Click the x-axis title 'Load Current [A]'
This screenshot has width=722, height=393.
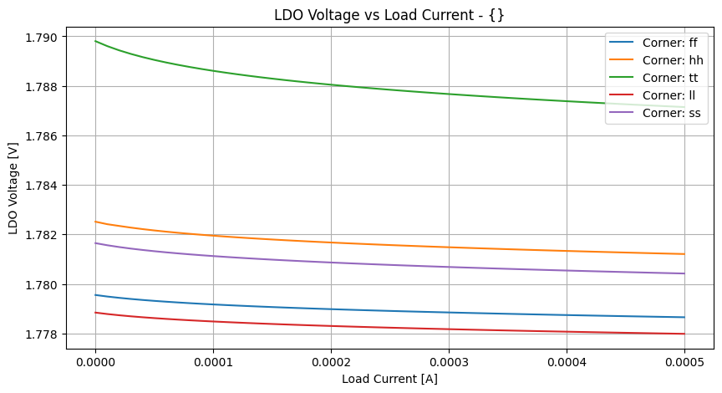tap(389, 379)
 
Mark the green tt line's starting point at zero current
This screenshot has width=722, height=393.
tap(95, 41)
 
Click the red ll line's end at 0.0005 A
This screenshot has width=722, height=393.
tap(684, 334)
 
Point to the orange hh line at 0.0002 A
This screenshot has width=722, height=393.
tap(331, 242)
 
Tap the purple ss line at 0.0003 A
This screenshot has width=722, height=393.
tap(449, 267)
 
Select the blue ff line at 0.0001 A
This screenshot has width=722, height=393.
tap(213, 304)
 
